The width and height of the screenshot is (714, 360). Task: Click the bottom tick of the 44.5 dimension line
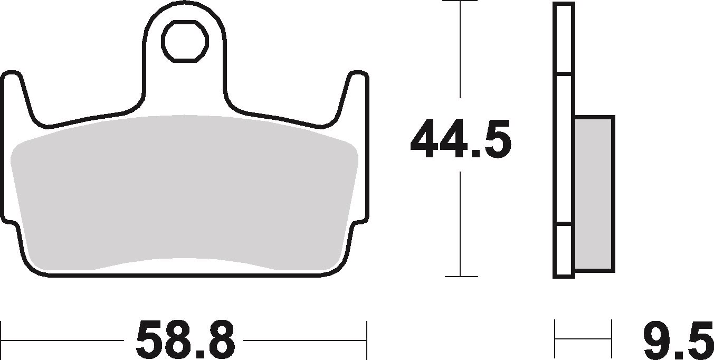coord(461,276)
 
